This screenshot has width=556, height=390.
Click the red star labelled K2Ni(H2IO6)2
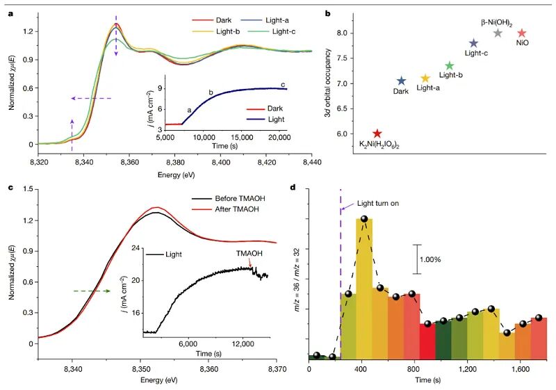[377, 133]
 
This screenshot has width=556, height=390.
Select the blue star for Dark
[401, 81]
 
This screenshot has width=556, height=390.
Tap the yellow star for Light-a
[425, 79]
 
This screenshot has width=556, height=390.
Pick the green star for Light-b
[450, 66]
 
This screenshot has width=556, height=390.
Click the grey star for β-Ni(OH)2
[498, 33]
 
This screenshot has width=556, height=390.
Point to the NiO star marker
[522, 33]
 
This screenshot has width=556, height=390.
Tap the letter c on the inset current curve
[283, 84]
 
